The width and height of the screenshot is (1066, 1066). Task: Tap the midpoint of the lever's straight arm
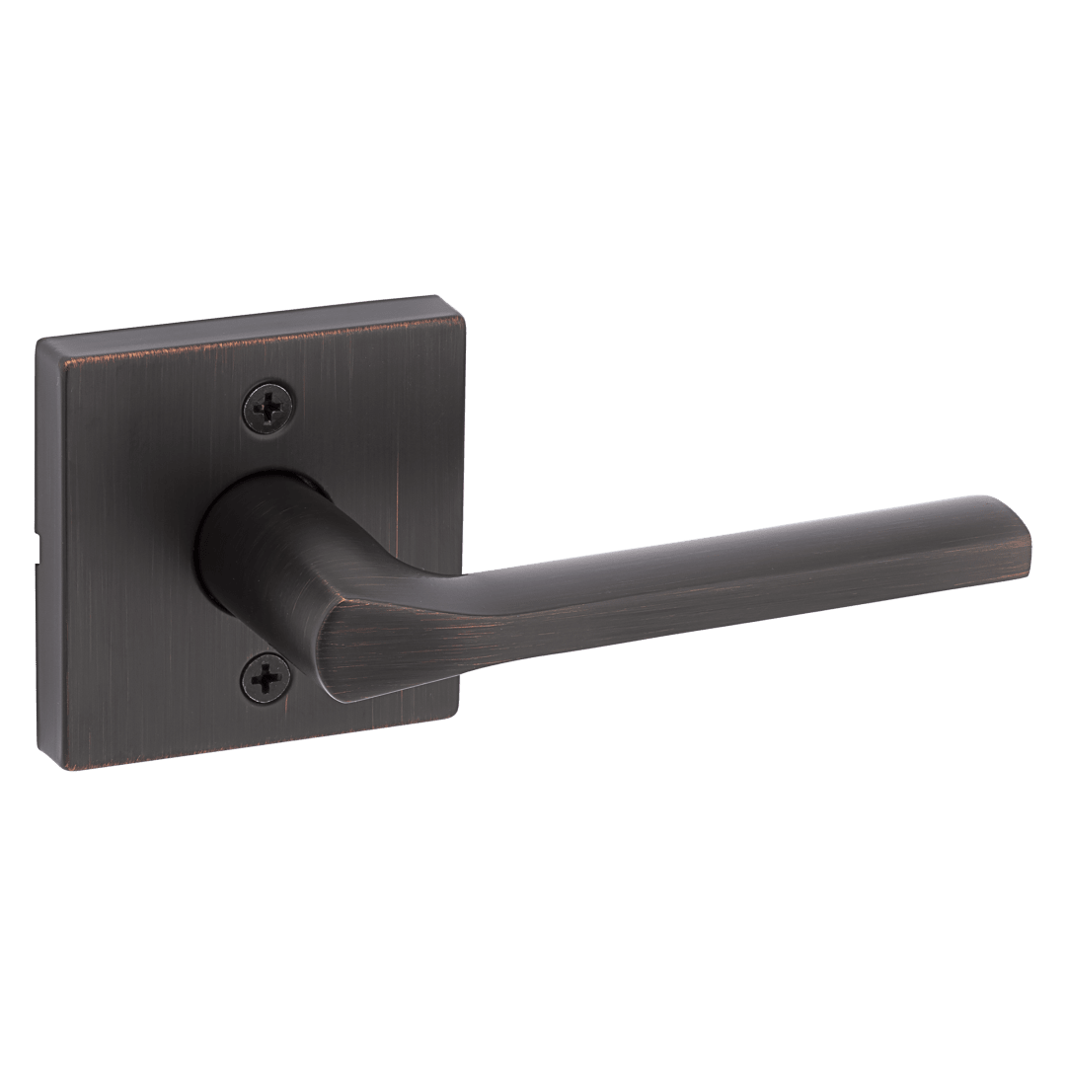tap(691, 582)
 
